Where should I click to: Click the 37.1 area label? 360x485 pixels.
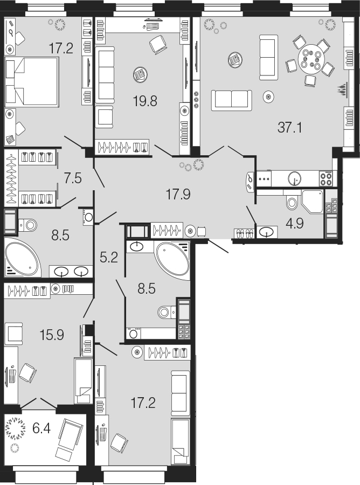point(289,127)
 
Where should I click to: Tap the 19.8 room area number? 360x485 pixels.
point(145,101)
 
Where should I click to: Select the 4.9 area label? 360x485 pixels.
point(295,223)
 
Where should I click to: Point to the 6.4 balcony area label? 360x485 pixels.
point(41,429)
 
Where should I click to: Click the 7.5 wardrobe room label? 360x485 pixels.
point(73,178)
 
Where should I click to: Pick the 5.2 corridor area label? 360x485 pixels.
point(109,258)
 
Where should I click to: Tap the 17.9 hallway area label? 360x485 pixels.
point(178,194)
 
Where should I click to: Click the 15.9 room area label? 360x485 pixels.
point(52,335)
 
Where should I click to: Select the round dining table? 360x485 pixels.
point(310,59)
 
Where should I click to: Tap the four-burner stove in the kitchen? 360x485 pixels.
point(326,178)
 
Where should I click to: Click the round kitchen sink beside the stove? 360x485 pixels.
point(294,178)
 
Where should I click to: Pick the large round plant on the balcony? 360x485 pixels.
point(16,428)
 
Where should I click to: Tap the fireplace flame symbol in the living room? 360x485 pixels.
point(342,90)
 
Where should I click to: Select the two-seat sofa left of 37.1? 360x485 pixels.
point(231,100)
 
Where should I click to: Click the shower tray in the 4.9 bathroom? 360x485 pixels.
point(312,202)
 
